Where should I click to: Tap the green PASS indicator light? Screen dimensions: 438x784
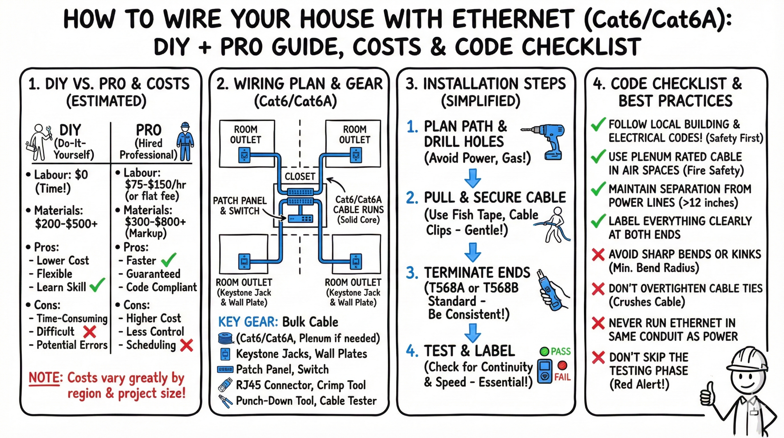click(x=544, y=351)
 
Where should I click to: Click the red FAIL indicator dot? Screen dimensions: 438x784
click(x=562, y=365)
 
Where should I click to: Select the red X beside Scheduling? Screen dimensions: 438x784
click(x=187, y=345)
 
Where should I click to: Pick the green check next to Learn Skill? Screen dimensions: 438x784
click(x=97, y=285)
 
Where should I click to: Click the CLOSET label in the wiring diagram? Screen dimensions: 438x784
click(x=300, y=177)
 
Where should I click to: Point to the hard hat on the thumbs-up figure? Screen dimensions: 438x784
click(x=747, y=359)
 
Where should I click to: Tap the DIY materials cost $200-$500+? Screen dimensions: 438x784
click(x=66, y=224)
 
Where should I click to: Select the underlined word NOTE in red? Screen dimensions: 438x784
click(x=44, y=378)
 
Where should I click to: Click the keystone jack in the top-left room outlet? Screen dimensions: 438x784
click(x=244, y=155)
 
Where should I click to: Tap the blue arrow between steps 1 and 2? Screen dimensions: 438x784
click(x=473, y=178)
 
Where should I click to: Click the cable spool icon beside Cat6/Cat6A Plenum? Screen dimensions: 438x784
click(x=226, y=338)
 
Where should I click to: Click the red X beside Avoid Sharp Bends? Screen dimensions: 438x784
click(x=598, y=254)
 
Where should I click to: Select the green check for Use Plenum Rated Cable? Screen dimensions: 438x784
click(x=598, y=156)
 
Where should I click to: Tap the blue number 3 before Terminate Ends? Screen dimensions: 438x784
click(x=412, y=273)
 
